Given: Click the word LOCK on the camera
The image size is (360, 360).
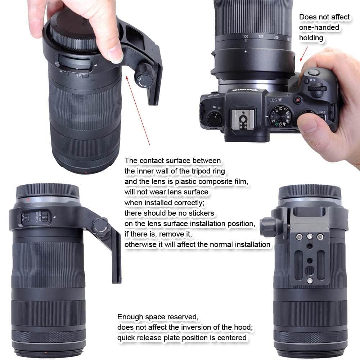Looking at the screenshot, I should (322, 112).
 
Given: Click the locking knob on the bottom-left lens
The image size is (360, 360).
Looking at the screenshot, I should (100, 226).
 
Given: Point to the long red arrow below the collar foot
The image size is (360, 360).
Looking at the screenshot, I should (138, 110).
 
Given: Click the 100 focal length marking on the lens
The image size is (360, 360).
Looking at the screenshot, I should (246, 37).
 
